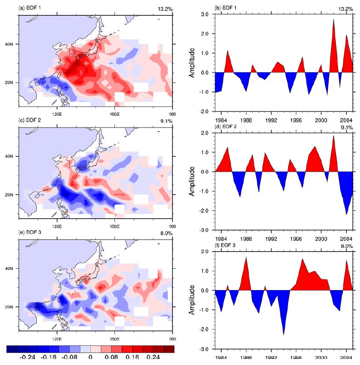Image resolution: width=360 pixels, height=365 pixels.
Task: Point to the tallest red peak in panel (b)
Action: click(333, 20)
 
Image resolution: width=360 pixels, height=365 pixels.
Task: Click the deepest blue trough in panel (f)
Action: click(284, 334)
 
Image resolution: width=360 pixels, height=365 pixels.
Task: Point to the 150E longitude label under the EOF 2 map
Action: click(115, 226)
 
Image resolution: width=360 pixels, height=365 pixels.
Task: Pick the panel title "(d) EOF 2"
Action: click(227, 127)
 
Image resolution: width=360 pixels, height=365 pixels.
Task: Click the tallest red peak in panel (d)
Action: click(333, 136)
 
